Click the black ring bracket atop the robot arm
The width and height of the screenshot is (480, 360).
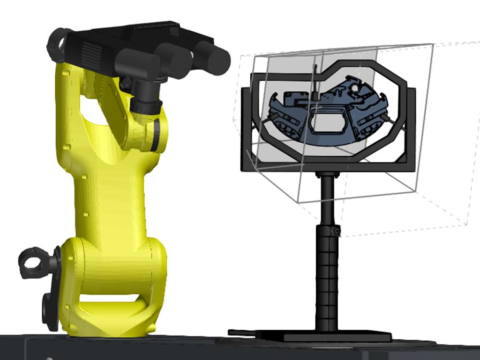(x=58, y=43)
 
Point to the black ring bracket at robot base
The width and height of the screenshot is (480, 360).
(x=34, y=262)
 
